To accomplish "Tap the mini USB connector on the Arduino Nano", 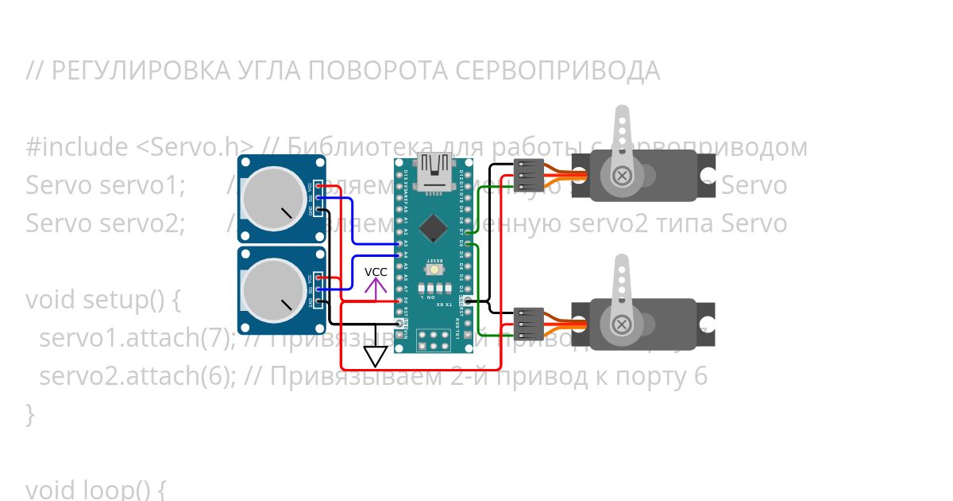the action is point(434,172).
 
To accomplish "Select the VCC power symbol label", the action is point(376,272).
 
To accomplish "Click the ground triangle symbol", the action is point(375,355).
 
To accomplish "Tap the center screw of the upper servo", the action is point(623,175).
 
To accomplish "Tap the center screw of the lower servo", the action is point(623,323).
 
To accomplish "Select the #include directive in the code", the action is point(76,147).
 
